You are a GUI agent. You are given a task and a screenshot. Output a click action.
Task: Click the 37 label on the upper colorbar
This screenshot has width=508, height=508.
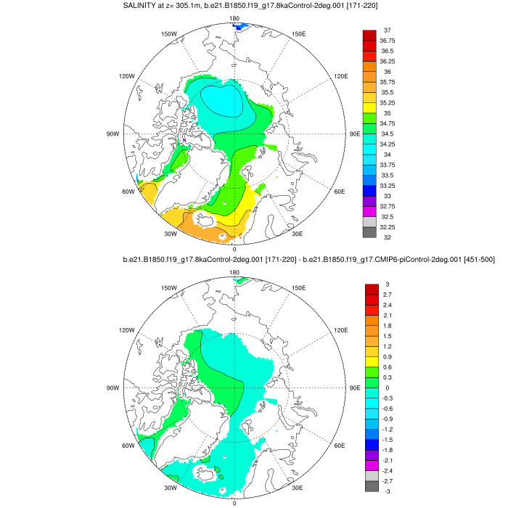point(388,30)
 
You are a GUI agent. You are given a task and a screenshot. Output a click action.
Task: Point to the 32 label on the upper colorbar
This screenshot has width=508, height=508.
point(388,237)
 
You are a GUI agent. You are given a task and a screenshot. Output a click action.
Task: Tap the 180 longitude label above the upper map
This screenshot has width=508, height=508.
point(234,18)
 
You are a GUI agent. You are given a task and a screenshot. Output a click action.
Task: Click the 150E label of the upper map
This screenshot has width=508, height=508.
point(298,34)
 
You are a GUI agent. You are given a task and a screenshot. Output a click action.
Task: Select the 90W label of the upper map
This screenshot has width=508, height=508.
point(112,134)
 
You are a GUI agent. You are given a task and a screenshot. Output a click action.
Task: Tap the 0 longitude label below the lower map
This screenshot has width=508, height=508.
point(234,502)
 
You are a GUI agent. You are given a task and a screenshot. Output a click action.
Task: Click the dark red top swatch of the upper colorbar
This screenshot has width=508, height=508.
point(369,35)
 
